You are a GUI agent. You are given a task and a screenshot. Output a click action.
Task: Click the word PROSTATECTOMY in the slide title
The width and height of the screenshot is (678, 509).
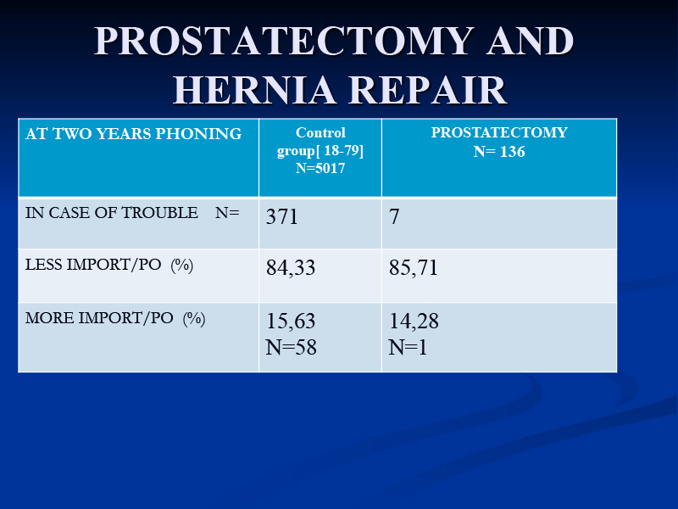coord(284,41)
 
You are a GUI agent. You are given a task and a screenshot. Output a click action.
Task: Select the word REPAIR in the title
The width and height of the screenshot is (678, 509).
coord(428,90)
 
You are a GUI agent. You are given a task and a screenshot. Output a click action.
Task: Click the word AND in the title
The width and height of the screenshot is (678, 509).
coord(531,41)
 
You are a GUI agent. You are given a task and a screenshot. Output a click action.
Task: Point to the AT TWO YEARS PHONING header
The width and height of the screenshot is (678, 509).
coord(134,133)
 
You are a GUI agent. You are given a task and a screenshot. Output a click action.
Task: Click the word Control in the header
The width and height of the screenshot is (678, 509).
coord(320,132)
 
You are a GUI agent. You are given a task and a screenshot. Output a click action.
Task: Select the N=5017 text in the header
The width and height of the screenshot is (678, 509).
coord(320,168)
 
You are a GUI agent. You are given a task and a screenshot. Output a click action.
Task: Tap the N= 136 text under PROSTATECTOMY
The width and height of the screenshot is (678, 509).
coord(499,152)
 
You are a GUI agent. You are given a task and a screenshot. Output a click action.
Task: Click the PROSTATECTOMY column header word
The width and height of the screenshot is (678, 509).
coord(499,132)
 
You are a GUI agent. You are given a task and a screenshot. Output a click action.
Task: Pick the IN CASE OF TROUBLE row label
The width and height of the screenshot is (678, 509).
coord(112,213)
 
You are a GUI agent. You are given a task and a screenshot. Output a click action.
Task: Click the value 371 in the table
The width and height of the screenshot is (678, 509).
coord(282,216)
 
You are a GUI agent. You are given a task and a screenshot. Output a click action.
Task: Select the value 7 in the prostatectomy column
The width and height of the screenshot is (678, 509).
coord(394,216)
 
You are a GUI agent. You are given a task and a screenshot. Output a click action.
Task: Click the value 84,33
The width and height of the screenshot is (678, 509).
coord(291,267)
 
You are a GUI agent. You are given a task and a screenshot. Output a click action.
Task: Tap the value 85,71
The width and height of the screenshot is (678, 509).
coord(414,267)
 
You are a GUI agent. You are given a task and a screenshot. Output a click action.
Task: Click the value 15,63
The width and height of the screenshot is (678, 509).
coord(291,322)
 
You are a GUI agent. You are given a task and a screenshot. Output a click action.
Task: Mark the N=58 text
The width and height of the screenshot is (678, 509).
coord(291,347)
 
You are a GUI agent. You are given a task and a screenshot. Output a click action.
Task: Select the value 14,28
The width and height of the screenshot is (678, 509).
coord(414,322)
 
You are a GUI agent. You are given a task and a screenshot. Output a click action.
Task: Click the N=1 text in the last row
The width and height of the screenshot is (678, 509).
coord(408,347)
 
